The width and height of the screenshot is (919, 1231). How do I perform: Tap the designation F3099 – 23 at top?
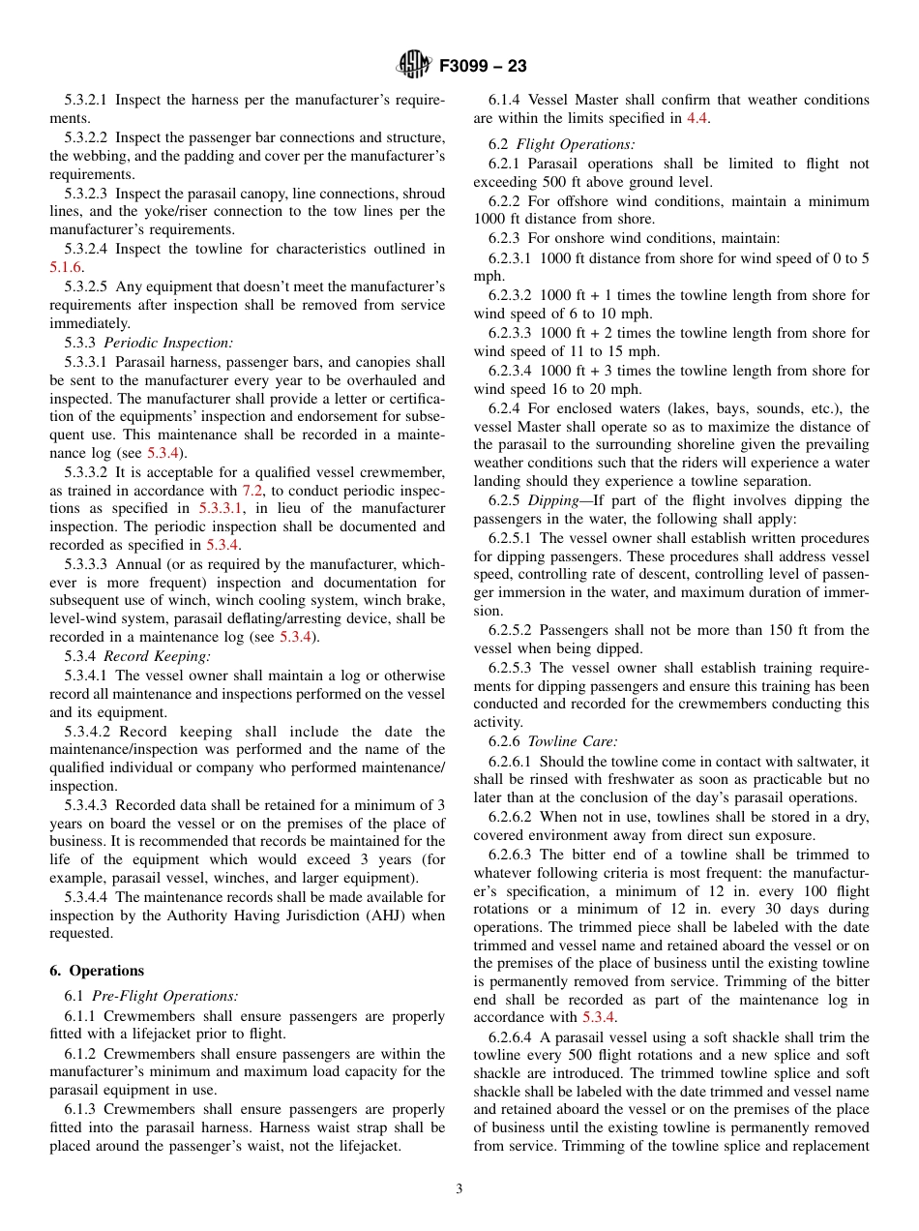483,66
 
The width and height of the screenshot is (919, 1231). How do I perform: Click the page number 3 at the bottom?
459,1188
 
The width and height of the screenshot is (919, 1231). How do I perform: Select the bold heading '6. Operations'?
97,971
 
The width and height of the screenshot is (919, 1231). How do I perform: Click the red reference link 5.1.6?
66,267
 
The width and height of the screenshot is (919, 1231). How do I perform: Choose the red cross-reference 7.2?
252,491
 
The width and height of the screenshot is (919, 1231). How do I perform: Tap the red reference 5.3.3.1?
222,508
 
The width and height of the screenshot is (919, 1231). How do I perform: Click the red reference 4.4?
697,118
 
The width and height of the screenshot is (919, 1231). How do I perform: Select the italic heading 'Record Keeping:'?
157,656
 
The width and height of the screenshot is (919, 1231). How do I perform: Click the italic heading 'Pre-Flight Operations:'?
171,996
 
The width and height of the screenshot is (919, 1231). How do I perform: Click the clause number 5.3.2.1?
86,100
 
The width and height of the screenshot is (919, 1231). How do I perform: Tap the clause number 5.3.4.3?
86,804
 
